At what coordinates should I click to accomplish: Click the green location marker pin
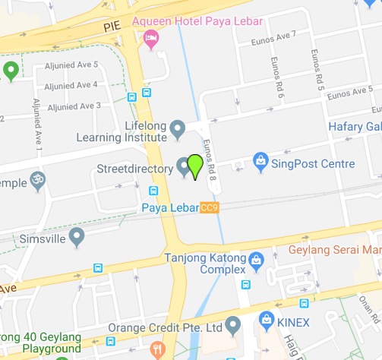point(195,166)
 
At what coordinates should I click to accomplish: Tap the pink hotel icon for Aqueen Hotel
point(151,38)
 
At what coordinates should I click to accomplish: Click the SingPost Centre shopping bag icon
point(260,162)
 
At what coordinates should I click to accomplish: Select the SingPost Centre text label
point(313,163)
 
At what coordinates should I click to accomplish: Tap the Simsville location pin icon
point(76,238)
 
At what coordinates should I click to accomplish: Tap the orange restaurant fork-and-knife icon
point(158,349)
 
